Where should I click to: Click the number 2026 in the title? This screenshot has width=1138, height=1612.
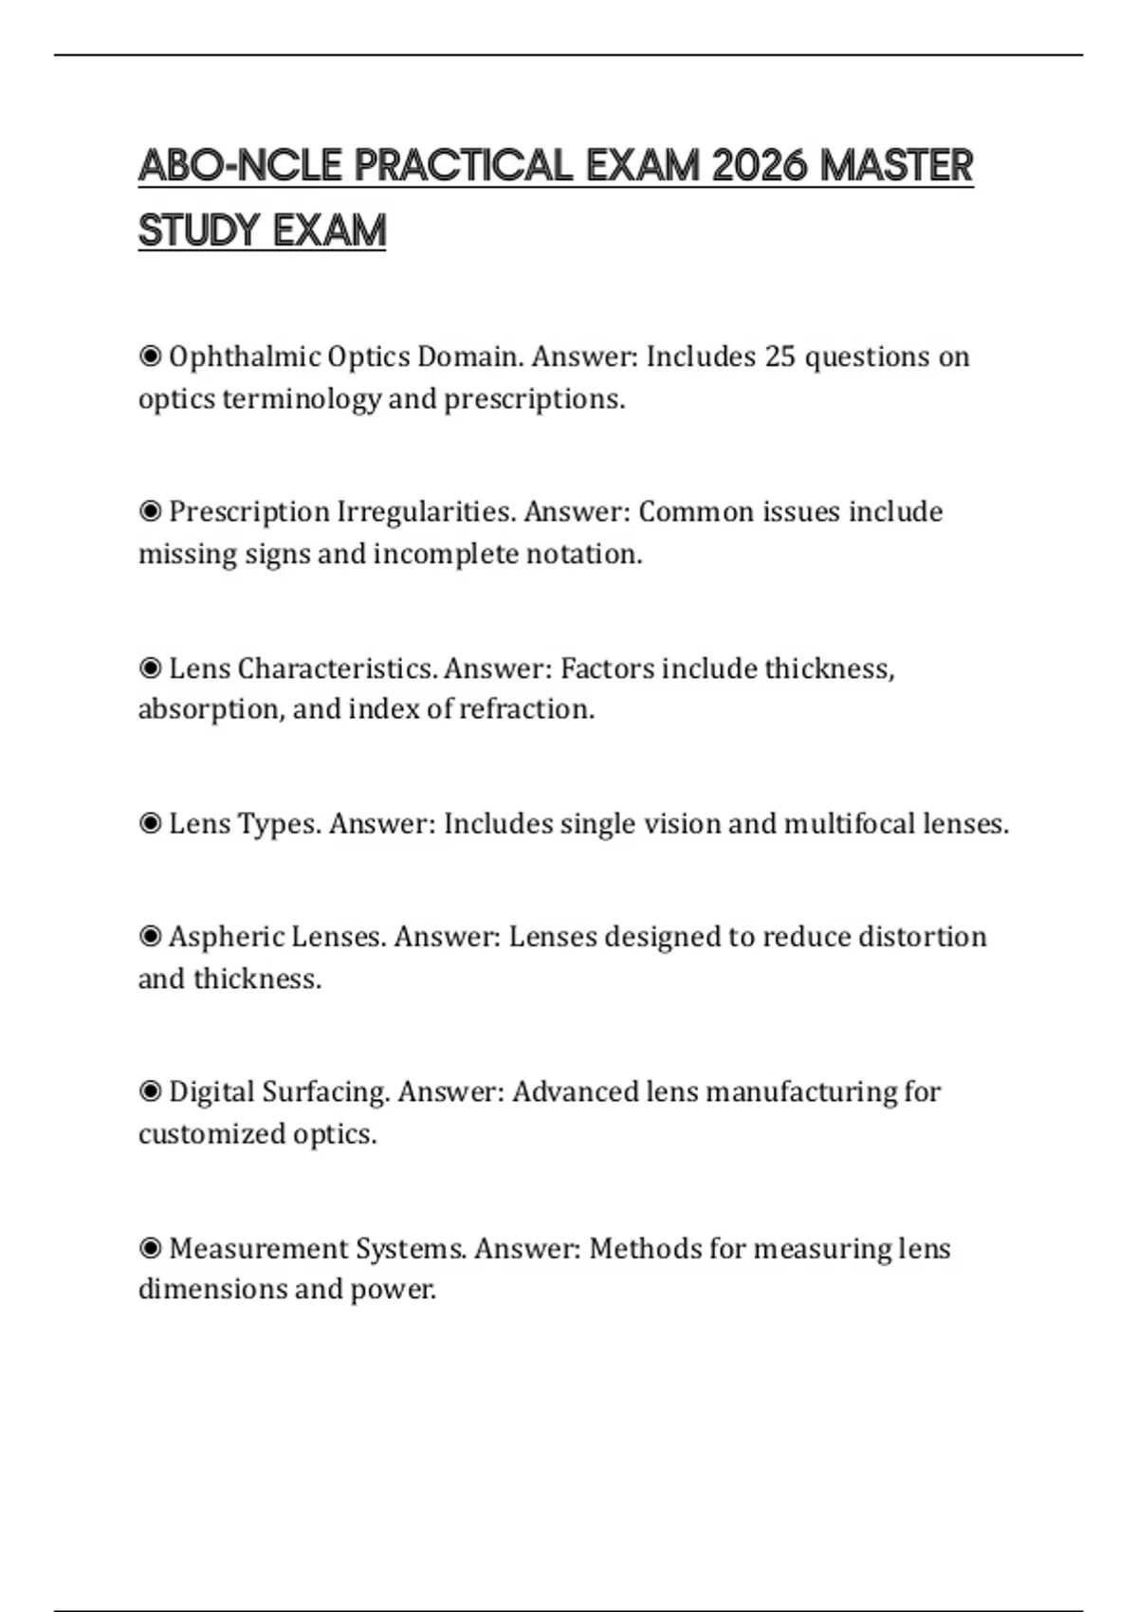click(759, 166)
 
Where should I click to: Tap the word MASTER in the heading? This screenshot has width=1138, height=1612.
click(896, 166)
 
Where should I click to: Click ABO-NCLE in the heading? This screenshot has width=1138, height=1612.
click(240, 166)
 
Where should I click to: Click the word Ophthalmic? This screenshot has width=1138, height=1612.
click(245, 357)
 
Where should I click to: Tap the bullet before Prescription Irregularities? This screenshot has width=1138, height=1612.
click(150, 512)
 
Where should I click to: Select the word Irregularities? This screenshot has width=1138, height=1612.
click(426, 512)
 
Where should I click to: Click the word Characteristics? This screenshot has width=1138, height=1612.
click(337, 669)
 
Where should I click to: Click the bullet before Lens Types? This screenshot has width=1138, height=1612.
click(150, 823)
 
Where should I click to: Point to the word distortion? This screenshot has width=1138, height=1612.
click(922, 937)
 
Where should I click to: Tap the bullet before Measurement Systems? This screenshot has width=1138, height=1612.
click(150, 1248)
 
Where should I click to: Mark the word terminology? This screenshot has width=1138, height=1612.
click(302, 399)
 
